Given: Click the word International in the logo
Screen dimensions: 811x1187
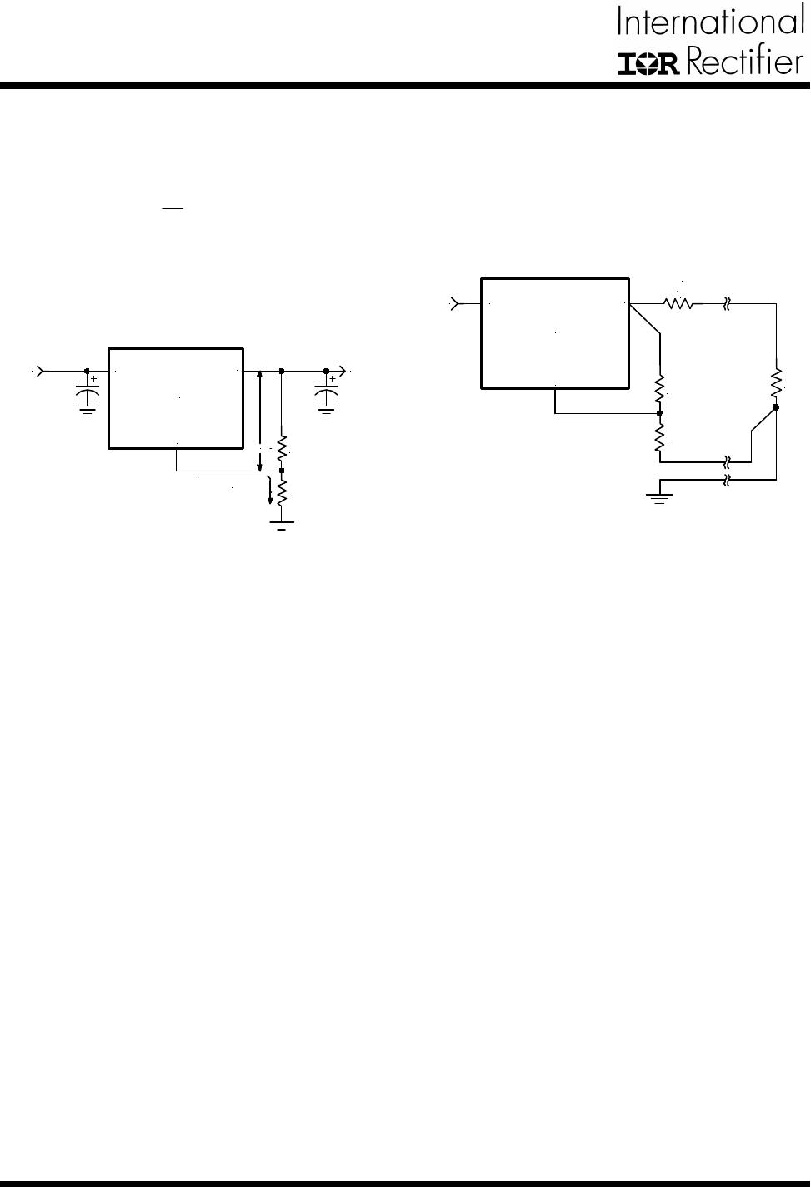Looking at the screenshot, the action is pyautogui.click(x=711, y=21).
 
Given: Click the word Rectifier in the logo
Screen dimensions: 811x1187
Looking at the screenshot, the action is pyautogui.click(x=745, y=62).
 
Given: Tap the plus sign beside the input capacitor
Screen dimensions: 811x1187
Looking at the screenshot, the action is pyautogui.click(x=94, y=379).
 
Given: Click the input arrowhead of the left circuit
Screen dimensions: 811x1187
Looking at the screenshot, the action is pyautogui.click(x=42, y=372).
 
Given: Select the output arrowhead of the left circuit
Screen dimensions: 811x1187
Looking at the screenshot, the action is pyautogui.click(x=341, y=372).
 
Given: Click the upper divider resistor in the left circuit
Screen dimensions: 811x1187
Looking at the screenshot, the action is pyautogui.click(x=282, y=447).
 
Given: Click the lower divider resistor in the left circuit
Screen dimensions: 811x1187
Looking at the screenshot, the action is pyautogui.click(x=282, y=491).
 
